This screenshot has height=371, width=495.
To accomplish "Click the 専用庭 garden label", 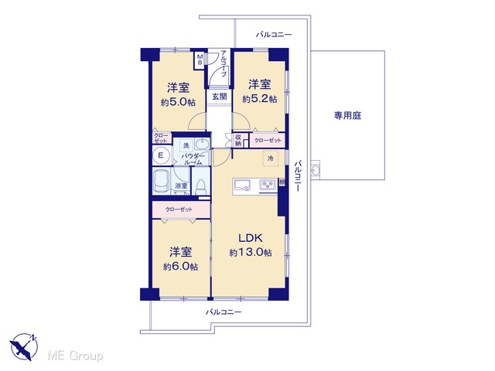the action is [x=347, y=115].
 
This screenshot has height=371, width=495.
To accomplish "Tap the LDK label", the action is [x=251, y=238].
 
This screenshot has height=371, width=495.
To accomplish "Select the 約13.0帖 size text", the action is [x=251, y=253].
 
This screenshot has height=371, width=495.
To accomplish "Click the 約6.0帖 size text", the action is [x=180, y=267].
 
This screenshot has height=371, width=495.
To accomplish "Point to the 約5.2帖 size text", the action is [x=260, y=99].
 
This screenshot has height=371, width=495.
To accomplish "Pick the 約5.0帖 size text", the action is [x=178, y=102].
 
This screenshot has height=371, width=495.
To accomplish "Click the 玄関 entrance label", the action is [x=219, y=96].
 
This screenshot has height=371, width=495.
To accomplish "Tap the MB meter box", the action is [x=200, y=60].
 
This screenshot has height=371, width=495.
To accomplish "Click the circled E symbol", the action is [x=161, y=155].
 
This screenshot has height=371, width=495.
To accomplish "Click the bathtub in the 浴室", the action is [x=162, y=182].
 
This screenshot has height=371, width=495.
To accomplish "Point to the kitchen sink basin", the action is [x=242, y=185].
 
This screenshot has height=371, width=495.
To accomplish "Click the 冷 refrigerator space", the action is [x=271, y=158].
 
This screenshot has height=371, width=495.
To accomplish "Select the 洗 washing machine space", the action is [x=186, y=145].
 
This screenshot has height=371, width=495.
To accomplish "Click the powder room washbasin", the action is [x=202, y=144].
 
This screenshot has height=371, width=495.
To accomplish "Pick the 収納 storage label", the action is [x=238, y=140].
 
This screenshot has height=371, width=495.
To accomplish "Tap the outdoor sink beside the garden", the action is [x=315, y=170].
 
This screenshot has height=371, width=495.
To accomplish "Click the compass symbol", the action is [x=23, y=346].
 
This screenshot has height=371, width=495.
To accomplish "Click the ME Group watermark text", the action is [x=75, y=356].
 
